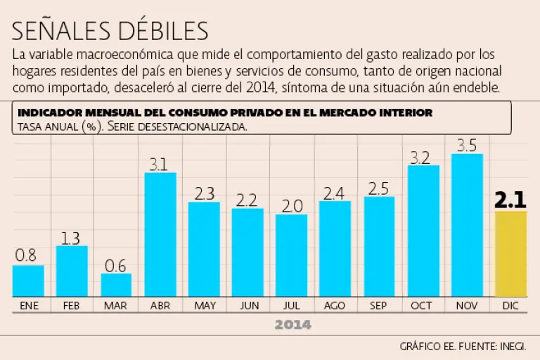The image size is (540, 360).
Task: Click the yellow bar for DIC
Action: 510,253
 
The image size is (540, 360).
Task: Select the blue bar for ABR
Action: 160,234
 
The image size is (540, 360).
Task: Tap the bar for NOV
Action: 467,225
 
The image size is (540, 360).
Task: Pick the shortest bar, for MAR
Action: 116,285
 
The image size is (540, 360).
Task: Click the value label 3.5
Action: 467,146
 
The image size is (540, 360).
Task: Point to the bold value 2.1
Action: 510,200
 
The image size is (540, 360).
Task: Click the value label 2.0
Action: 292,206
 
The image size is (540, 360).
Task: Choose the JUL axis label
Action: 291,306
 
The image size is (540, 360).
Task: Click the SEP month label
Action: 378,306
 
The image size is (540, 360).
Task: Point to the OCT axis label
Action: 422,306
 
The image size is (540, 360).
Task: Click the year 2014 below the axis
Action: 292,325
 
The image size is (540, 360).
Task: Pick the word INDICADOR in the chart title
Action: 47,112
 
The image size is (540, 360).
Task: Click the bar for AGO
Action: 335,248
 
